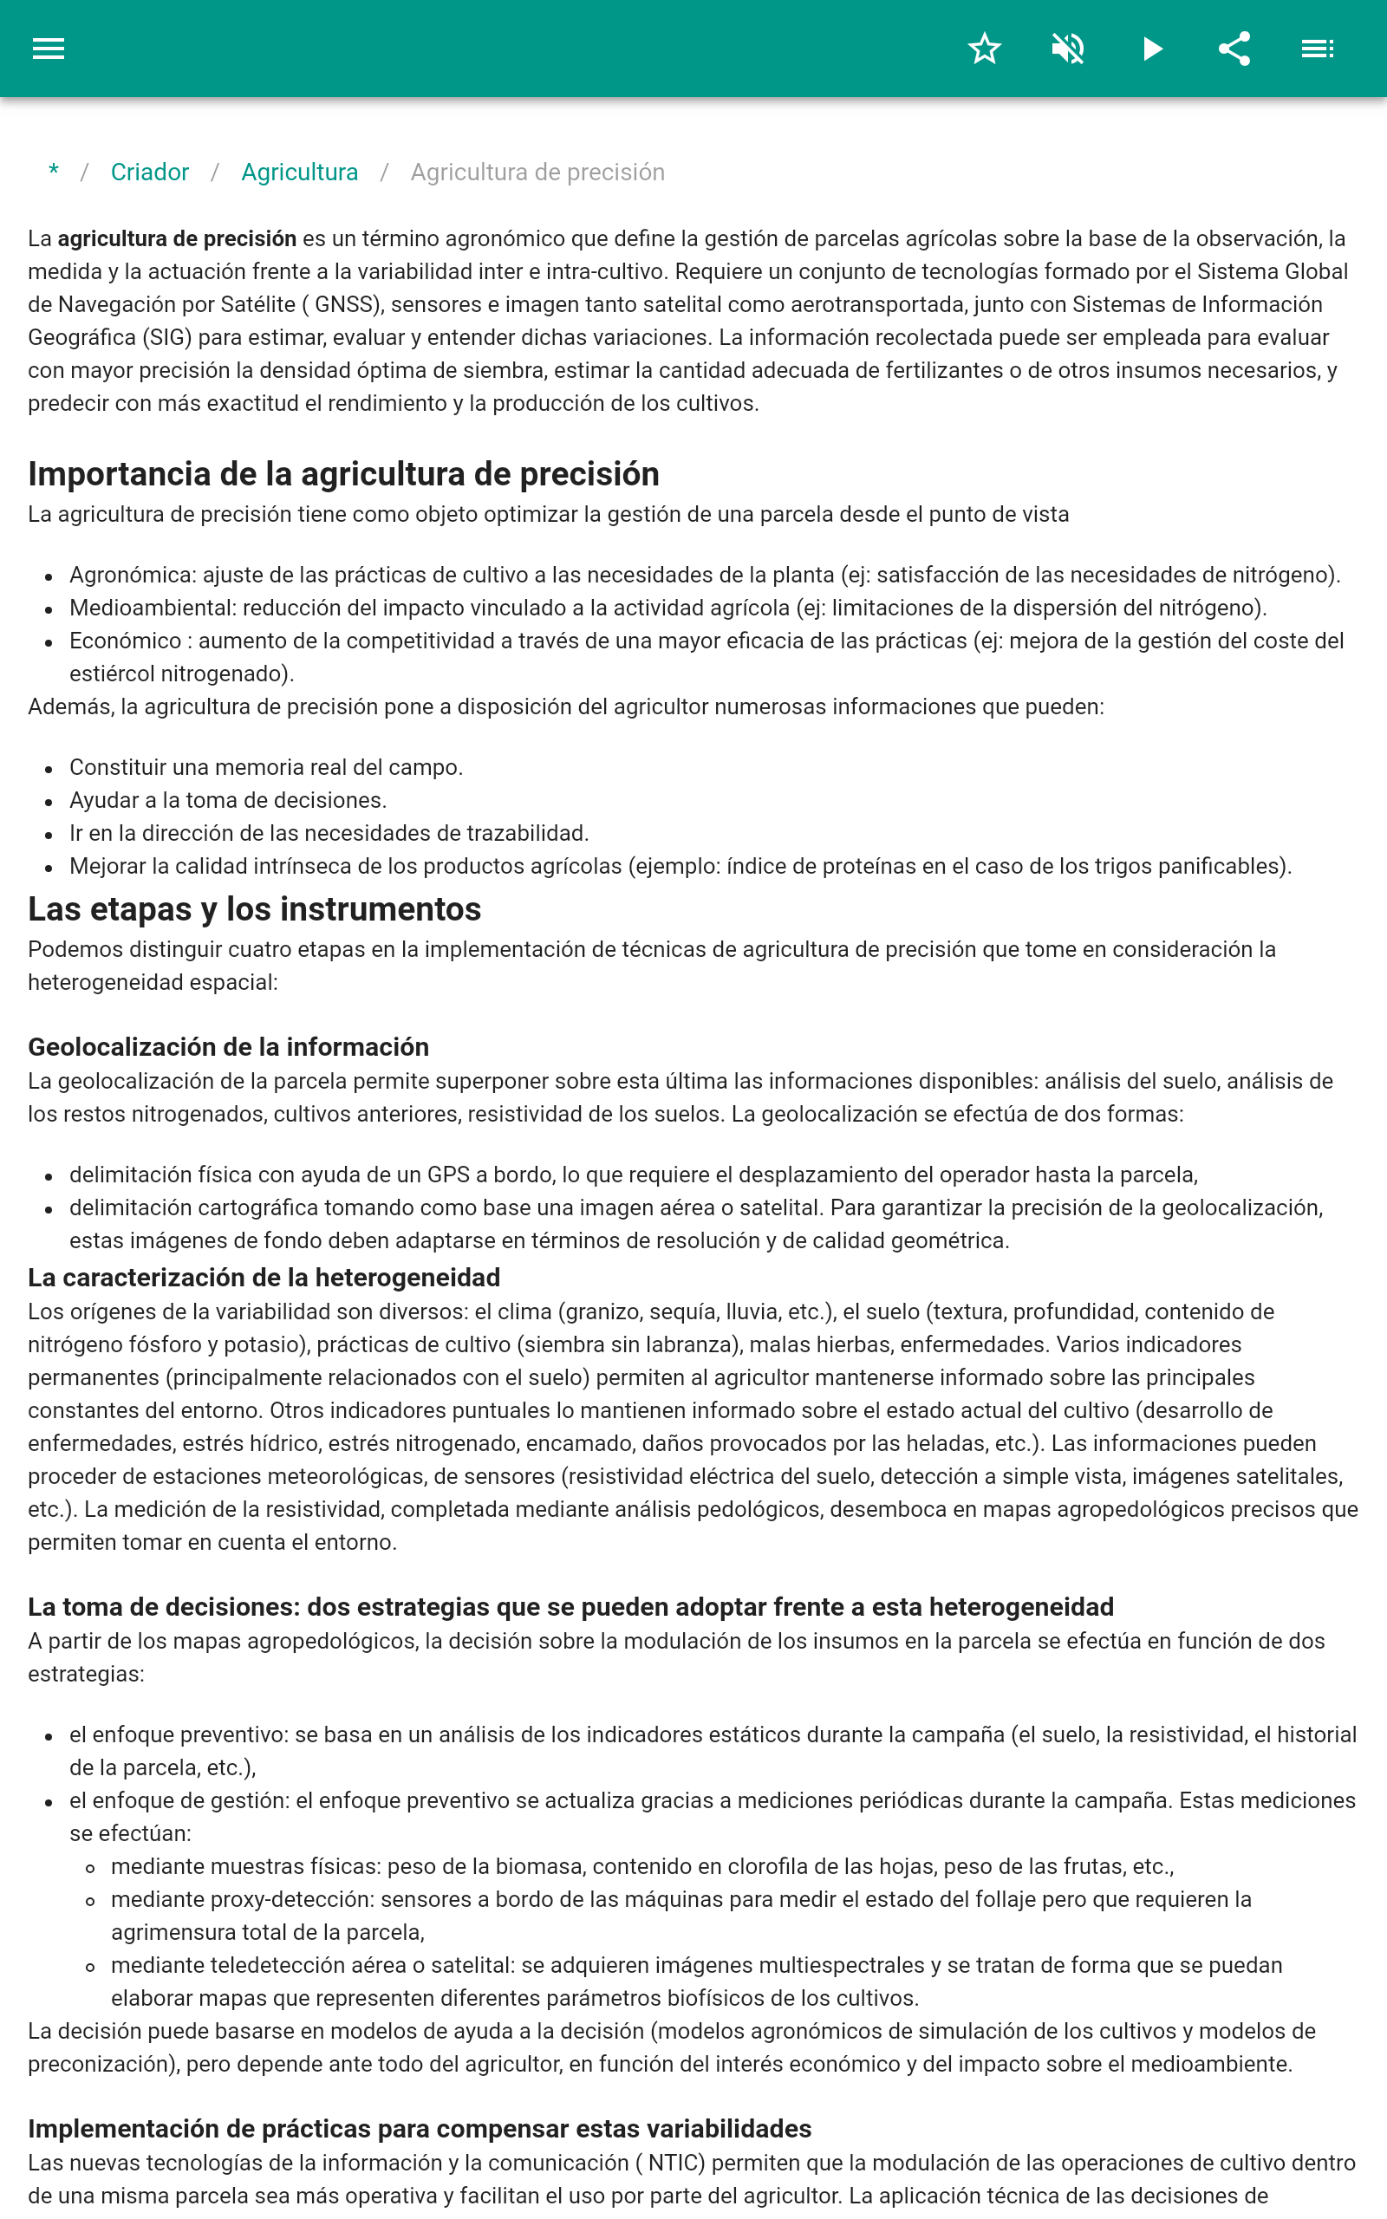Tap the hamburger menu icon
(x=49, y=49)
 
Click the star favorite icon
(x=984, y=49)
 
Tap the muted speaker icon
(x=1068, y=49)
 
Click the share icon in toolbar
(x=1234, y=49)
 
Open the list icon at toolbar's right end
(x=1318, y=49)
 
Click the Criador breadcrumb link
(x=149, y=172)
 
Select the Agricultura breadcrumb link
(x=299, y=172)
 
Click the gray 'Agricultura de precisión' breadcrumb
(x=537, y=172)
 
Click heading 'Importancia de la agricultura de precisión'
(x=343, y=474)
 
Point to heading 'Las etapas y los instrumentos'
(x=254, y=908)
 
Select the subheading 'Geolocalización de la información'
(x=228, y=1047)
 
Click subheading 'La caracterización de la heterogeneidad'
(x=264, y=1278)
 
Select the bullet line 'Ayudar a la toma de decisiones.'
(x=227, y=801)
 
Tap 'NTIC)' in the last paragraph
(x=676, y=2163)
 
